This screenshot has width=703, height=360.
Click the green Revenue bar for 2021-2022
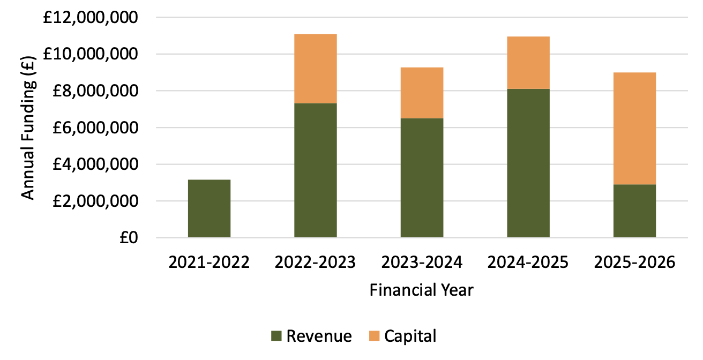pos(209,208)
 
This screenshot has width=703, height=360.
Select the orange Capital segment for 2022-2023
pos(315,69)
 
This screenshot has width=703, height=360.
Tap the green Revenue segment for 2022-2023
pos(315,170)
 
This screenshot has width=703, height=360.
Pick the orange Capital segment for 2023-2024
pos(422,93)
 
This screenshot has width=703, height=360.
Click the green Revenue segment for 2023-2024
pos(422,178)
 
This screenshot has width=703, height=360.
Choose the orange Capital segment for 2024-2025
pos(528,63)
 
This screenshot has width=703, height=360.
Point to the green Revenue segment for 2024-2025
pos(528,163)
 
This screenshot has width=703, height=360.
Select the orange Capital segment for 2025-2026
pos(634,129)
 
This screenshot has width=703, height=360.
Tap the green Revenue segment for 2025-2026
pos(634,211)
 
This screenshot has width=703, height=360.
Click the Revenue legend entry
pos(311,336)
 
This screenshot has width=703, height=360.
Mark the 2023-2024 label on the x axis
pos(422,263)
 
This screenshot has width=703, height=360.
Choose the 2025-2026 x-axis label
pos(634,263)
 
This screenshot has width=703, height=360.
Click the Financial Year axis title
pos(422,290)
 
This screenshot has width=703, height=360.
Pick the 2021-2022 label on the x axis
pos(209,263)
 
